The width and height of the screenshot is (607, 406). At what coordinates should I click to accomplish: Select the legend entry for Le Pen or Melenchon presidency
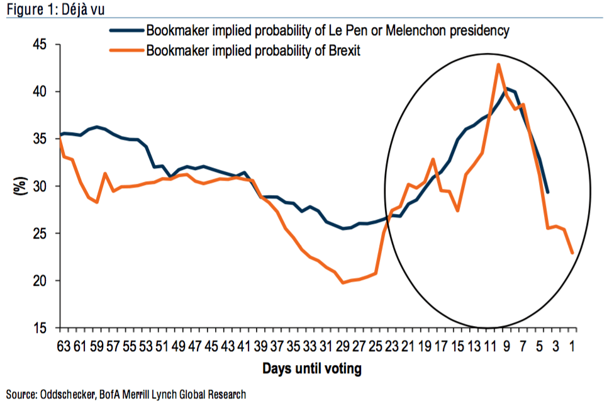[327, 30]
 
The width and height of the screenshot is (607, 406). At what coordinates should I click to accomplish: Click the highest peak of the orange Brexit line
[498, 64]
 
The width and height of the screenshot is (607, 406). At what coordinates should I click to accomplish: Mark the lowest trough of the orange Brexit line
[343, 283]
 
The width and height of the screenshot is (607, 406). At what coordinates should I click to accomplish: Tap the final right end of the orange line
[572, 253]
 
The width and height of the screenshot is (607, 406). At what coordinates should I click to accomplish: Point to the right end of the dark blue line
[548, 192]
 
